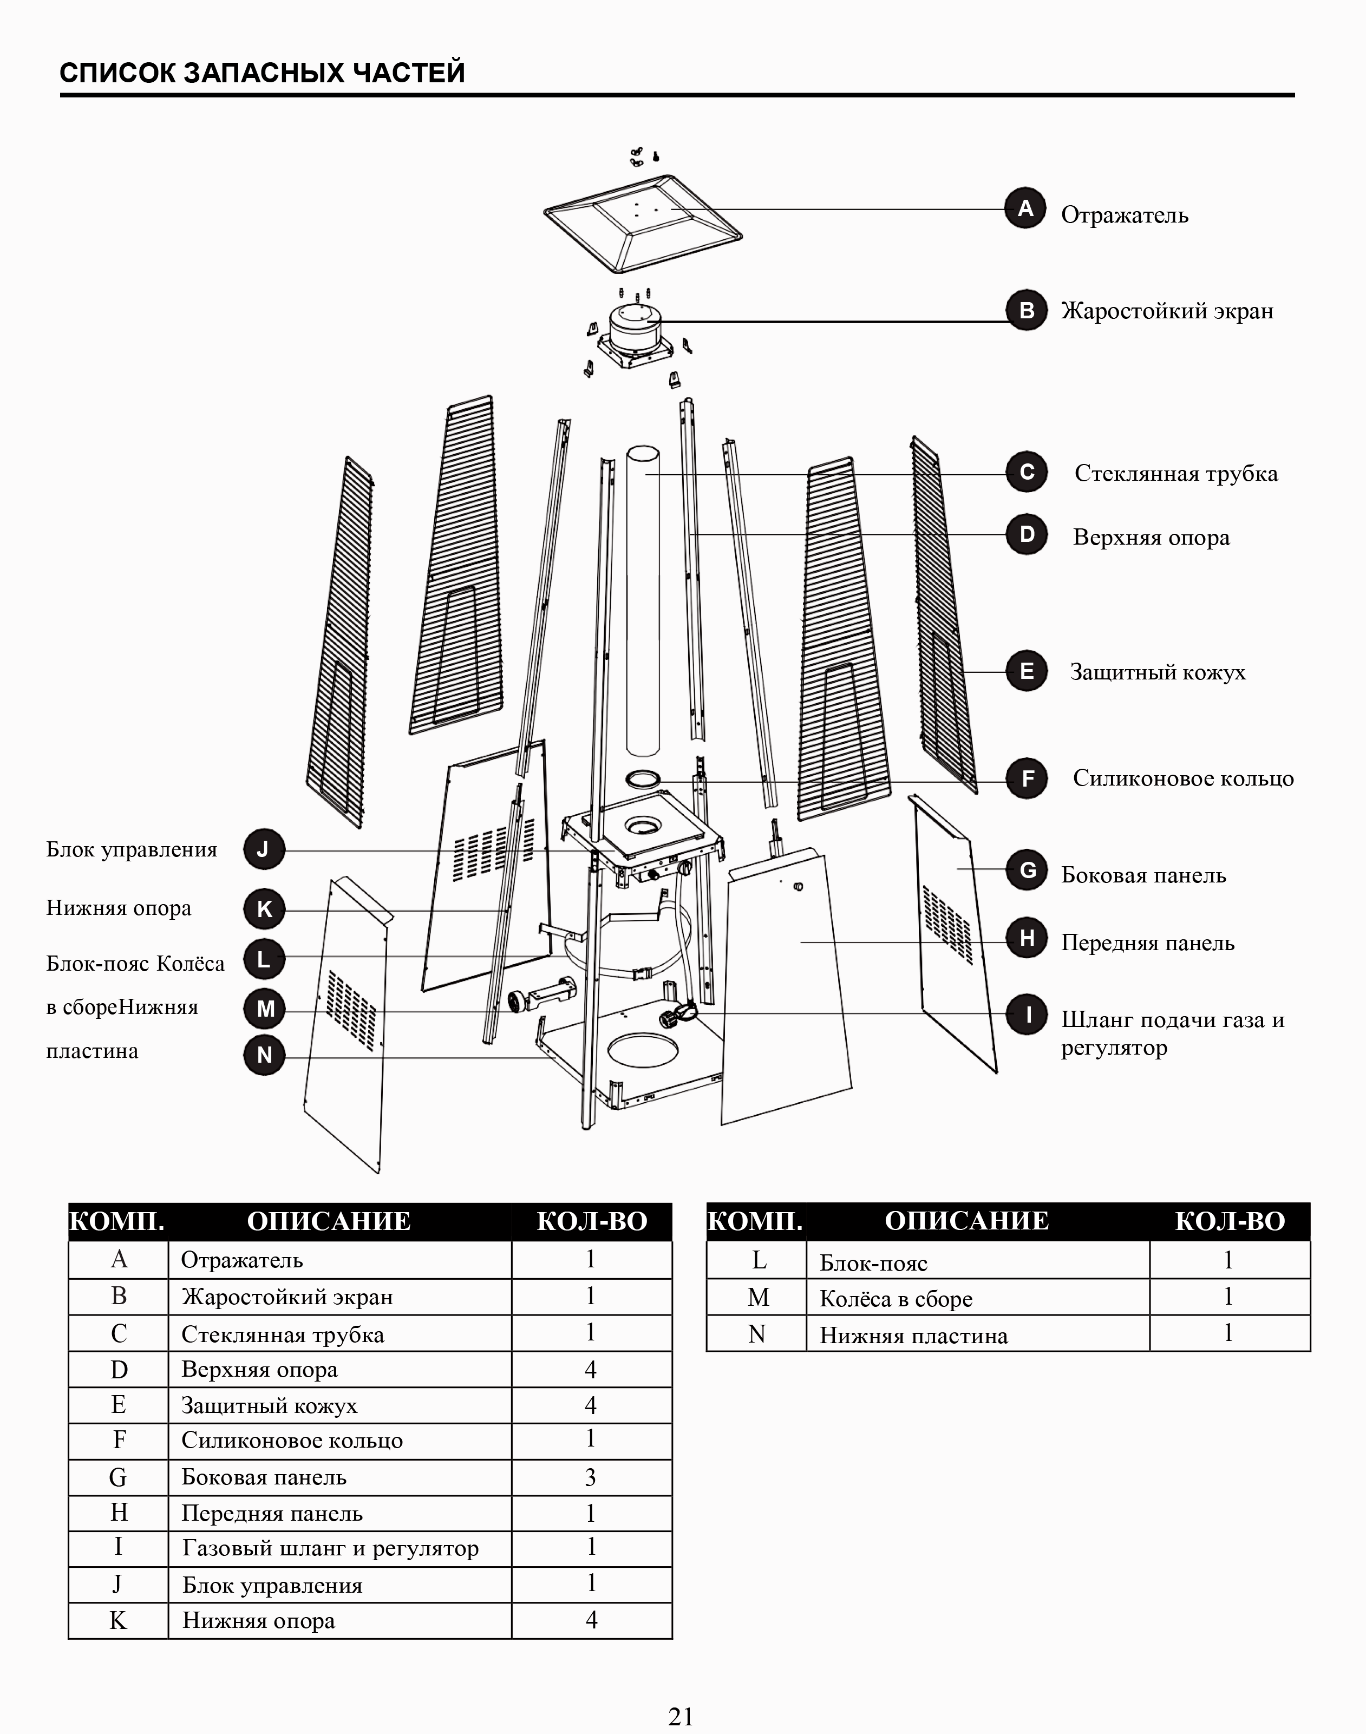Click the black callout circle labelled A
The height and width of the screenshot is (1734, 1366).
[1025, 209]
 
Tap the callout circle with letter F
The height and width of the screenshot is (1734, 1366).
[1027, 778]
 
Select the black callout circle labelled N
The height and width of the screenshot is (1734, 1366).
[264, 1055]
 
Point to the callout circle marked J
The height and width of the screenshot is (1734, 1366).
[264, 849]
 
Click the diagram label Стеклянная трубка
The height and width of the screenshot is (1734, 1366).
[1175, 474]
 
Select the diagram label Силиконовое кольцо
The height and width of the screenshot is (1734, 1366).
[1183, 778]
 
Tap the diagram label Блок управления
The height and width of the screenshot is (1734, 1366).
[132, 849]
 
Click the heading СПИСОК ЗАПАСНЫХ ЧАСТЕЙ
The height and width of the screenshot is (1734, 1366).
[263, 73]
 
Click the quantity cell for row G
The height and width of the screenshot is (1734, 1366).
[591, 1477]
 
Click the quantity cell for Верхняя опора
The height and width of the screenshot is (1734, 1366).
[591, 1370]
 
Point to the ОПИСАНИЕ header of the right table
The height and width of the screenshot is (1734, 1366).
[966, 1221]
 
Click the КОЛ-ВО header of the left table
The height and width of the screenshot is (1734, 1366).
[592, 1222]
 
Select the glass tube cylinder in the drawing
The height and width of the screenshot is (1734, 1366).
[642, 600]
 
